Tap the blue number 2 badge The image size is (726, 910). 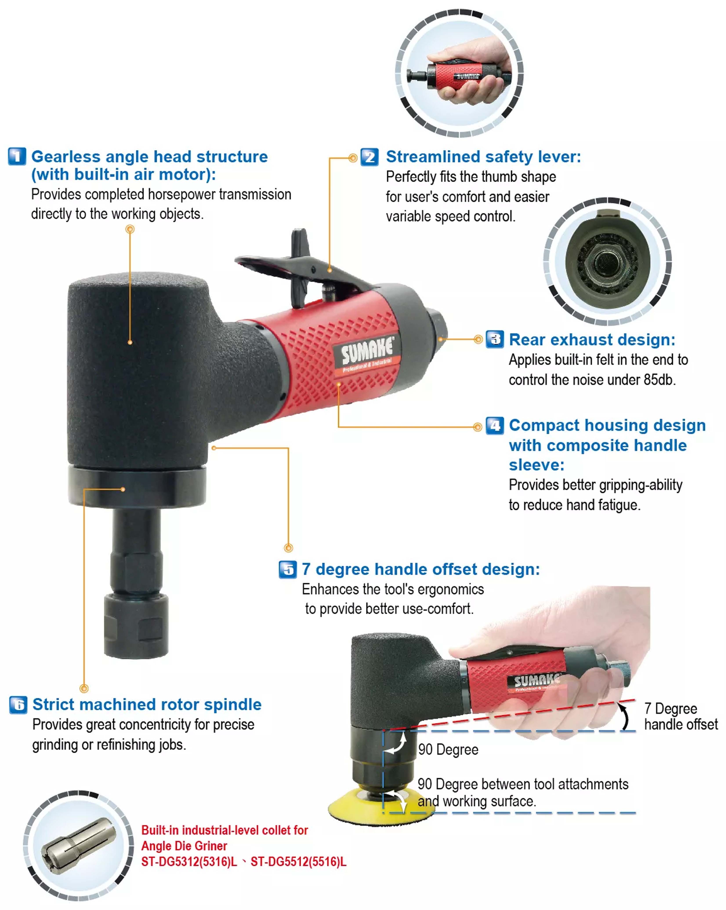click(x=369, y=157)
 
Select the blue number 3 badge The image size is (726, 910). click(x=495, y=339)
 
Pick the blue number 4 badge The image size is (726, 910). click(x=495, y=425)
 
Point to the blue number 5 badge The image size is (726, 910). click(x=288, y=569)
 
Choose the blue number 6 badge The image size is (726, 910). click(x=18, y=705)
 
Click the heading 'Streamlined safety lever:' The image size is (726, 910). click(x=483, y=157)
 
